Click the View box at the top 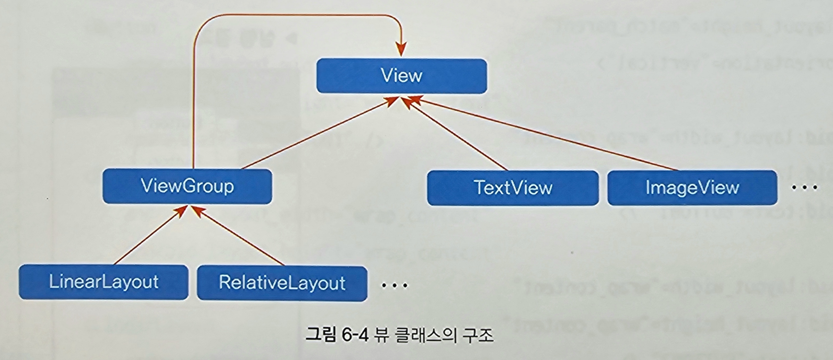tap(402, 76)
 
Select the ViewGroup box tap(187, 186)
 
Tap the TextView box tap(513, 188)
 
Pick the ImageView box tap(692, 188)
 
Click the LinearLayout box tap(104, 282)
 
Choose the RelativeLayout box tap(282, 283)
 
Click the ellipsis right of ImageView tap(804, 188)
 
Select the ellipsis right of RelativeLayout tap(394, 286)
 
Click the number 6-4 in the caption tap(355, 336)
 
